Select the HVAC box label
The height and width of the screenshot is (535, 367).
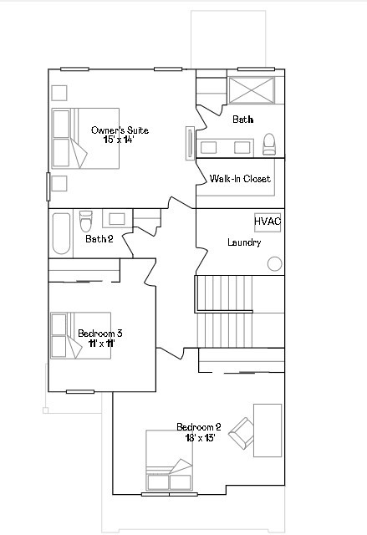point(268,221)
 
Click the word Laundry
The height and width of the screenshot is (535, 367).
point(244,242)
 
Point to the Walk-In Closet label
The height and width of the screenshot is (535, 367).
point(239,179)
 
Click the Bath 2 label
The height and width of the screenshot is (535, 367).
point(99,239)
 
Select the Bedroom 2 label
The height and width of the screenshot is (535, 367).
point(198,427)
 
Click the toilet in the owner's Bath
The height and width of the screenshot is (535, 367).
point(268,147)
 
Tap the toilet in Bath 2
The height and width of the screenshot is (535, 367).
point(85,223)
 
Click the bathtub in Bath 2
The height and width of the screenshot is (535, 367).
point(61,234)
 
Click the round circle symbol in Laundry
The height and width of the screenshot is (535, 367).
point(274,263)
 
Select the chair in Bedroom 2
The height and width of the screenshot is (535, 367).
point(243,431)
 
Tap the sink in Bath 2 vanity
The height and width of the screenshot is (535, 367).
point(116,219)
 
